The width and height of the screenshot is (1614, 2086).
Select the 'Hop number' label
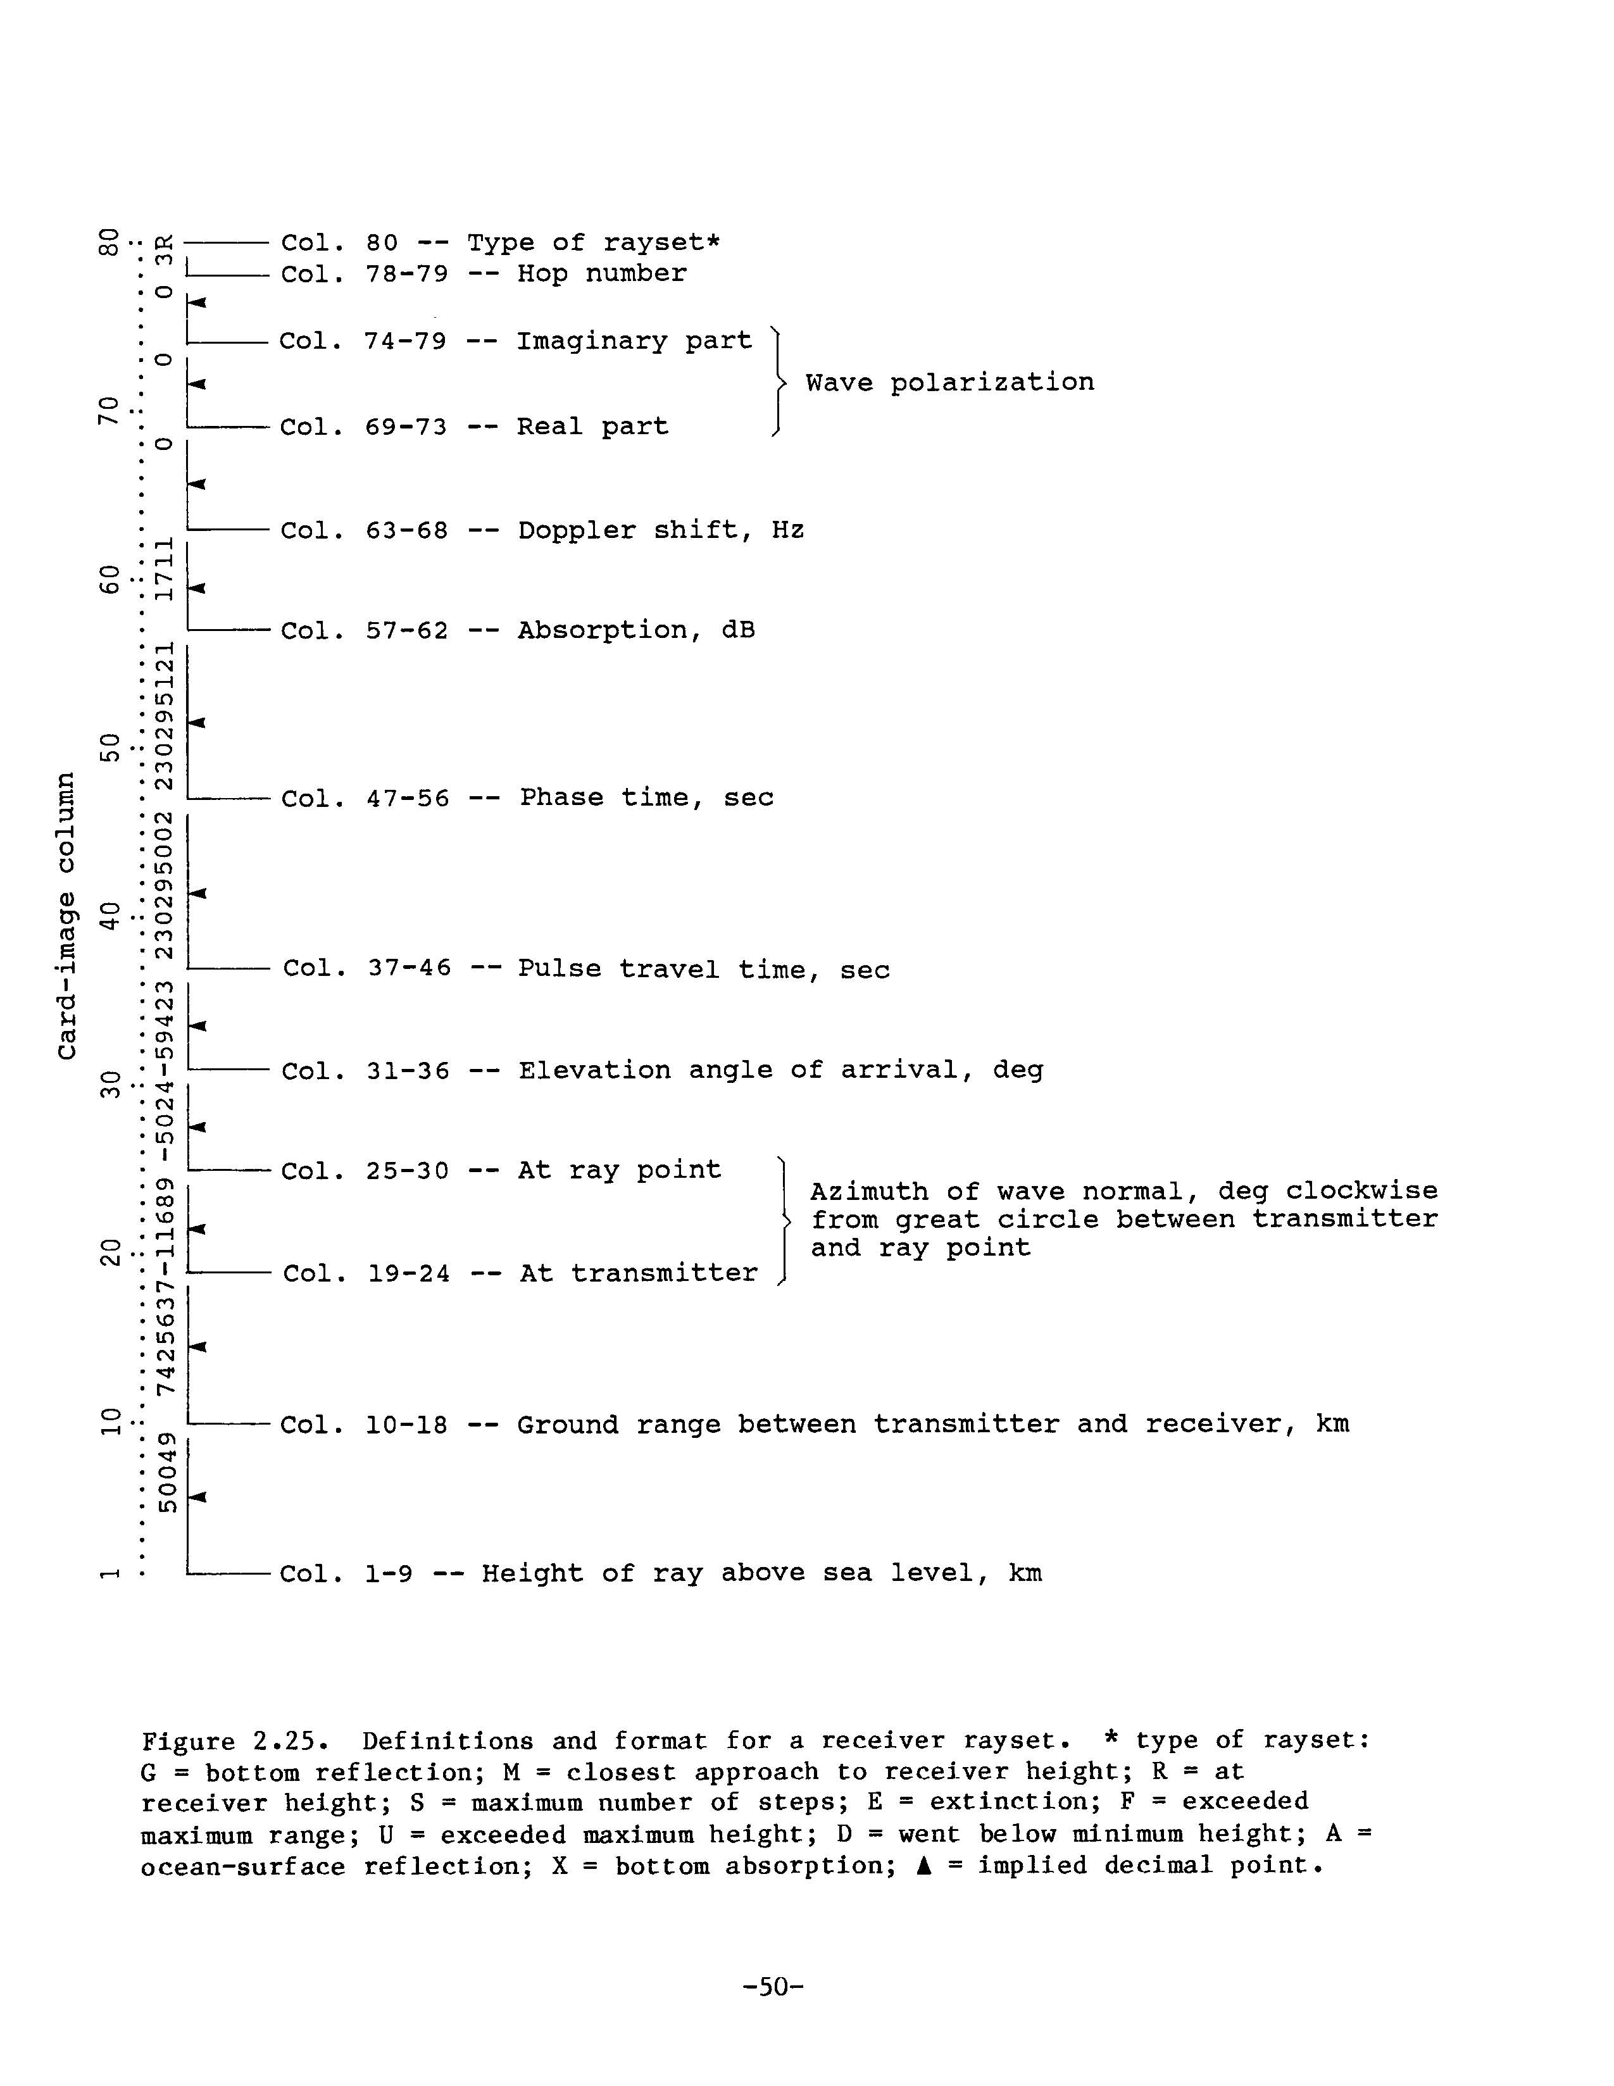[602, 274]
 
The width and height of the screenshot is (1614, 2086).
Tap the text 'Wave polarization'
[949, 383]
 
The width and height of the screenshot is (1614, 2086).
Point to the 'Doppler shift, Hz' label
[661, 530]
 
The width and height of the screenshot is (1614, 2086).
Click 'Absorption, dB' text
[636, 630]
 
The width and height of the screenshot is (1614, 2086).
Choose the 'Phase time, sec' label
[647, 797]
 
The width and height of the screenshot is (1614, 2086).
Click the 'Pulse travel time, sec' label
[704, 970]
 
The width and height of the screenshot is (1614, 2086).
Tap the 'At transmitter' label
[638, 1273]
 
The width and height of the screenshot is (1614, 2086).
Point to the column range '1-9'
[389, 1573]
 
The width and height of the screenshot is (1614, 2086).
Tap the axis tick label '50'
[112, 747]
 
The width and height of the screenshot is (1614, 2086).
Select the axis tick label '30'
[112, 1084]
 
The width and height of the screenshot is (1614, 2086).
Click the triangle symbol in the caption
[923, 1865]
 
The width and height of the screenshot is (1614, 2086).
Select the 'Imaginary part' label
[634, 341]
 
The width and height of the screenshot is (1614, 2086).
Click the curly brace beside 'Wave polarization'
[780, 383]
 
